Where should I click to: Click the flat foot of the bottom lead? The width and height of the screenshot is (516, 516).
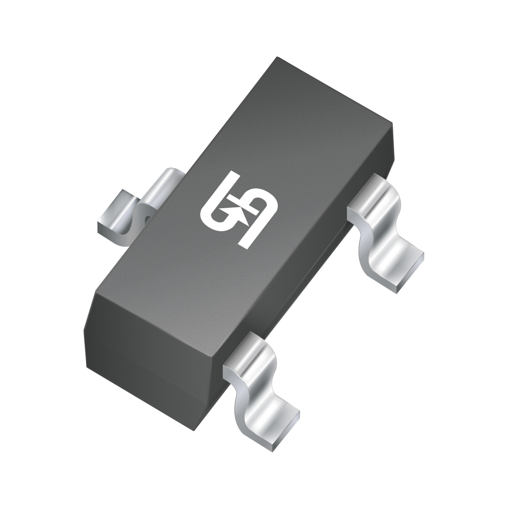(x=275, y=425)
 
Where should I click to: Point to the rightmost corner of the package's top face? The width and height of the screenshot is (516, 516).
(x=392, y=123)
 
